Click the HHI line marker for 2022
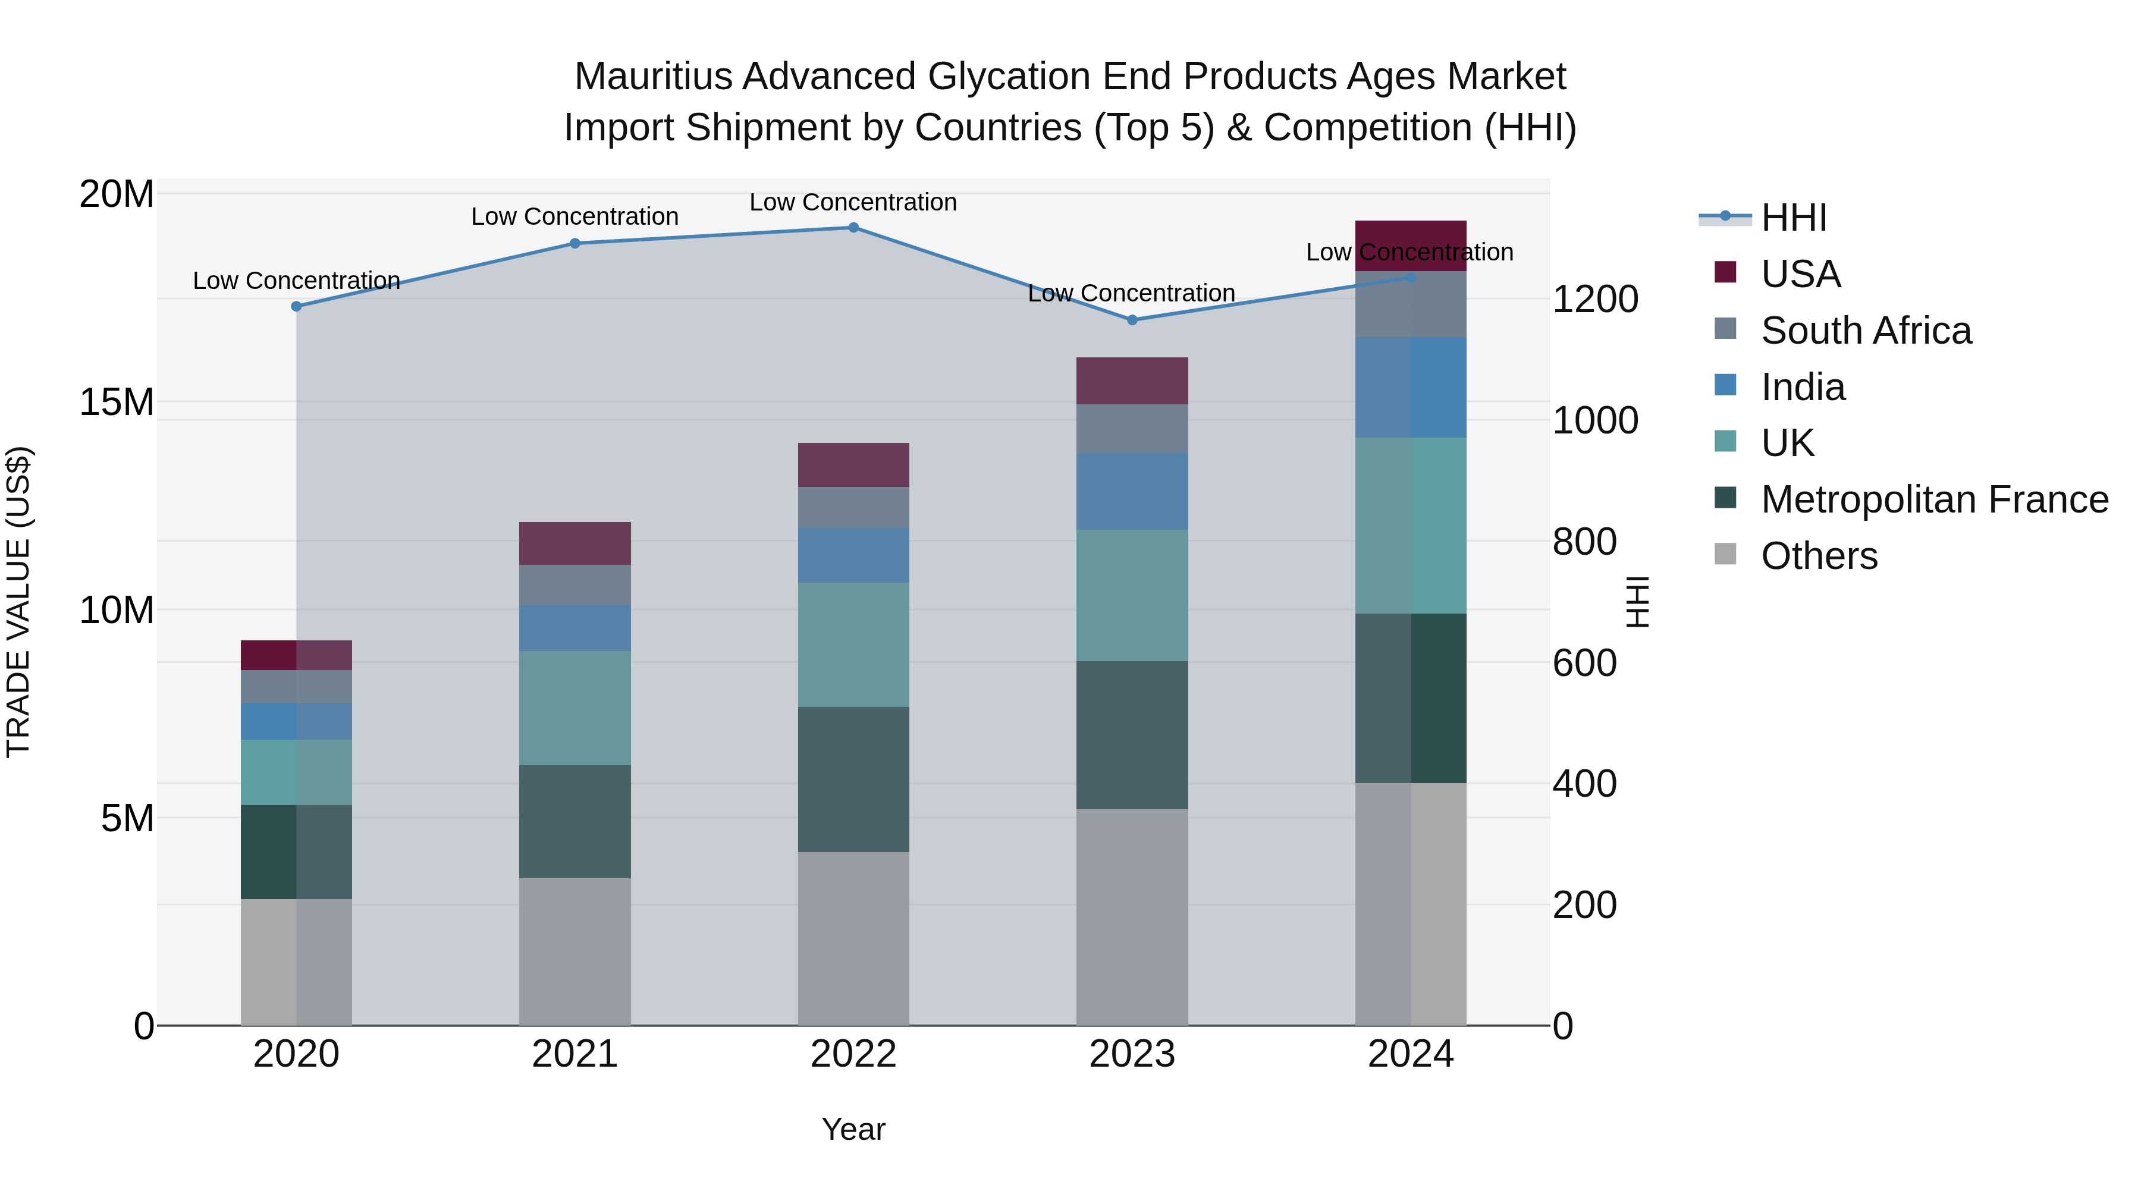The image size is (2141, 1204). (x=853, y=228)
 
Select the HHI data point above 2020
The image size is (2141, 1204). (x=297, y=307)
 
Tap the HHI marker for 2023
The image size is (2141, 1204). (x=1132, y=320)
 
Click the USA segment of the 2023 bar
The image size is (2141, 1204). (x=1132, y=381)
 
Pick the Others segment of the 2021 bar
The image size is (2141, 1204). (x=575, y=951)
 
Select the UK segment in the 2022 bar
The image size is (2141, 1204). (x=853, y=645)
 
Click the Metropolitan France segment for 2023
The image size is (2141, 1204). (x=1132, y=735)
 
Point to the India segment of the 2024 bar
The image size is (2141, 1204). (x=1411, y=387)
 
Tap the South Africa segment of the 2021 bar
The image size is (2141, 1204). (x=575, y=586)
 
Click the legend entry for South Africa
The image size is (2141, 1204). (x=1865, y=331)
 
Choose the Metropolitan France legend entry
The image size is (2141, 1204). (x=1933, y=499)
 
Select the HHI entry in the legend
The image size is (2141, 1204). (x=1792, y=218)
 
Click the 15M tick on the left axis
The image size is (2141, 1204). (x=117, y=402)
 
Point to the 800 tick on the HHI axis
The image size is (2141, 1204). (x=1584, y=542)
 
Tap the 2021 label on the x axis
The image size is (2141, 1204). (x=575, y=1054)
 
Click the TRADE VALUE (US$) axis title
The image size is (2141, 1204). (x=19, y=602)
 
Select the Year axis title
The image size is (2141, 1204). (x=853, y=1129)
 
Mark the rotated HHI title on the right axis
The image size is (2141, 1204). (x=1637, y=602)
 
